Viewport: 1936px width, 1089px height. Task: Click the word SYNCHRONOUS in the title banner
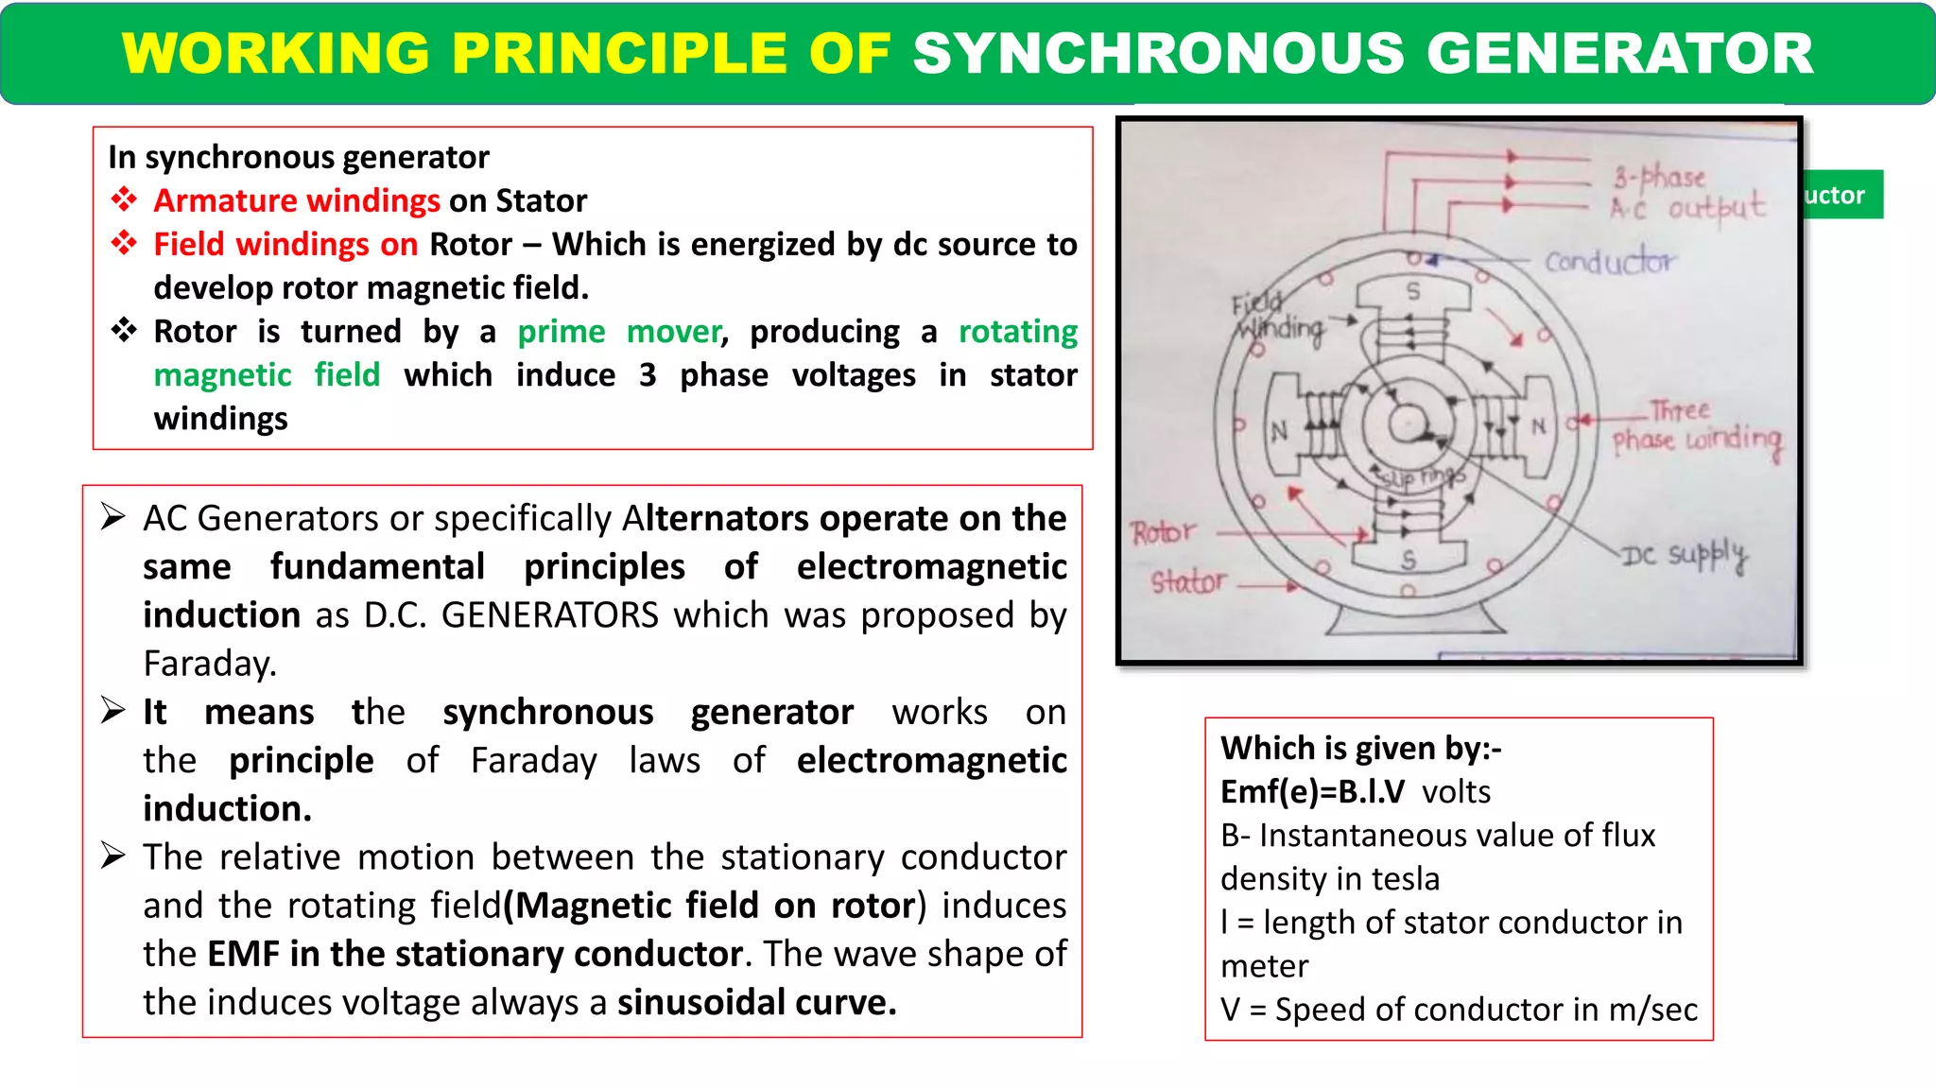coord(1158,53)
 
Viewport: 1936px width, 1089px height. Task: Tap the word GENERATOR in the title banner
coord(1619,53)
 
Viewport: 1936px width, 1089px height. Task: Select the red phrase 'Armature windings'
coord(297,200)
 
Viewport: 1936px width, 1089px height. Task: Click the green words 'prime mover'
coord(620,332)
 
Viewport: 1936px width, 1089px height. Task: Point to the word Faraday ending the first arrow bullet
coord(209,664)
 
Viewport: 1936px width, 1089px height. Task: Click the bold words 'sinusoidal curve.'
coord(756,1002)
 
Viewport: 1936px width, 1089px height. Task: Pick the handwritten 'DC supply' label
coord(1685,555)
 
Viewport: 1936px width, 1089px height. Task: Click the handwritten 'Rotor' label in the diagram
coord(1163,533)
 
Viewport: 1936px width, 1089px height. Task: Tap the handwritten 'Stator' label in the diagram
coord(1187,581)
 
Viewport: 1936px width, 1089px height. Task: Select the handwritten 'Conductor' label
coord(1609,260)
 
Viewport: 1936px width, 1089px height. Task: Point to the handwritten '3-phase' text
coord(1659,177)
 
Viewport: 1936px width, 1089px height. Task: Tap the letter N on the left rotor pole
coord(1279,432)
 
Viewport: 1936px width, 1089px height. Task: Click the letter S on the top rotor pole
coord(1413,291)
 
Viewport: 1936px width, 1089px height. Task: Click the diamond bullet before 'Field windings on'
coord(124,243)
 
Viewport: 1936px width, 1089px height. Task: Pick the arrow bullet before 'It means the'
coord(113,711)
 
